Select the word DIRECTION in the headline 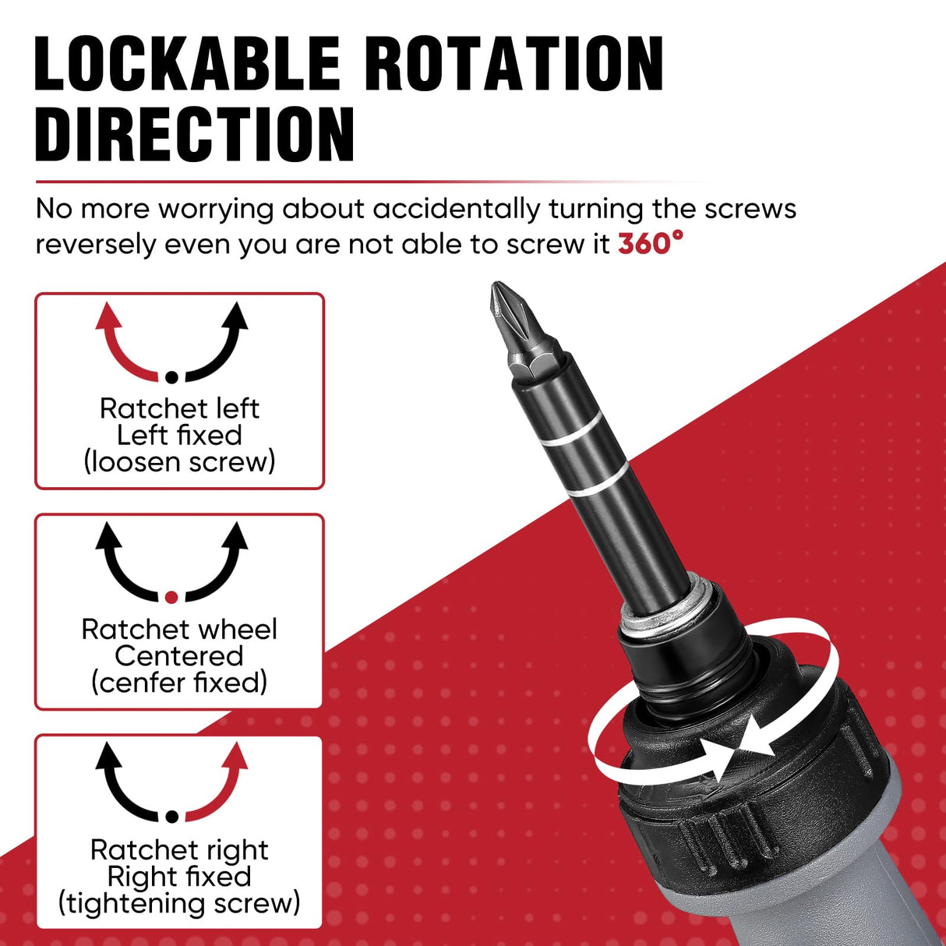point(195,134)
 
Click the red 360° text point(650,244)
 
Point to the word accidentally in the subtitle point(456,209)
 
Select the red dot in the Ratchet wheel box point(172,597)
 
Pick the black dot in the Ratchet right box point(172,817)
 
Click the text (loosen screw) point(179,462)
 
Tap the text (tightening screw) point(179,903)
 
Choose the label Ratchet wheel point(179,629)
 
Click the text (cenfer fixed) point(179,683)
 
